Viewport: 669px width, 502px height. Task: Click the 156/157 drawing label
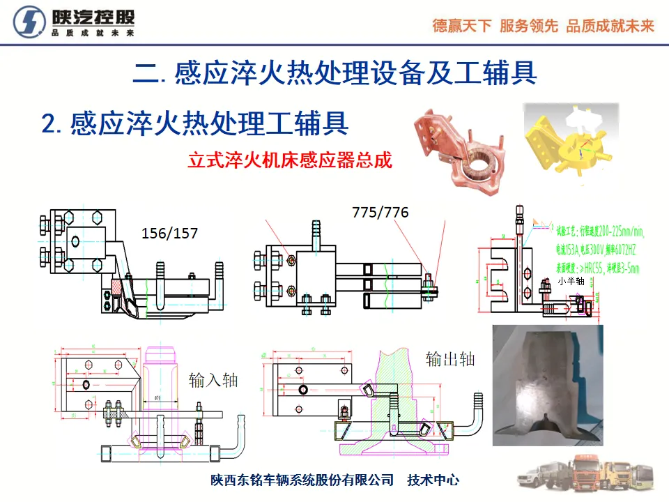169,234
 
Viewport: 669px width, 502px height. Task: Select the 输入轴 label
213,380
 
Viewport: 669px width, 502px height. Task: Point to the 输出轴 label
450,359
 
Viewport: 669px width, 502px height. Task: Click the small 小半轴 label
571,282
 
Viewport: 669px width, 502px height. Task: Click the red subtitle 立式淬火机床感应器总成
290,160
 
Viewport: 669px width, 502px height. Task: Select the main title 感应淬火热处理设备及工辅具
334,73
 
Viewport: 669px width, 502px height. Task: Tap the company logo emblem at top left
30,23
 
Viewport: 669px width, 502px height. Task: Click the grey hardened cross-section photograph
545,385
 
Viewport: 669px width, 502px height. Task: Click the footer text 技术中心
433,480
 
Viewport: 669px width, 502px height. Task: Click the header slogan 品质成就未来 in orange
610,26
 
